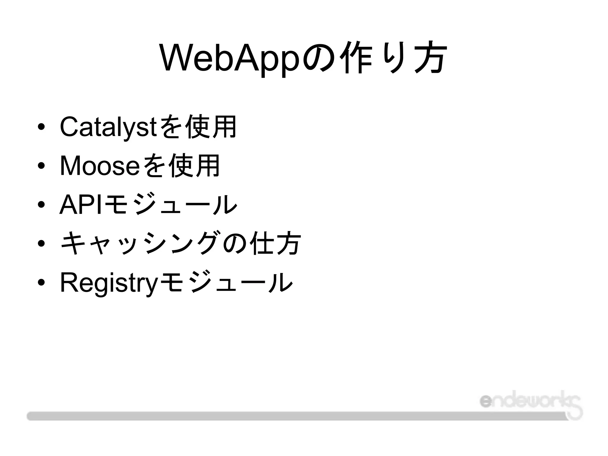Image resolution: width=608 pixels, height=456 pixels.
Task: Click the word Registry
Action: pyautogui.click(x=108, y=282)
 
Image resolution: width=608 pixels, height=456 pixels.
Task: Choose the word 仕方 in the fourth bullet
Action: pyautogui.click(x=275, y=243)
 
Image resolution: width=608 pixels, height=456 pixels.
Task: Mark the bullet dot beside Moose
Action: pyautogui.click(x=41, y=166)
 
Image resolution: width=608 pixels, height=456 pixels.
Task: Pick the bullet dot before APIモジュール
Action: pyautogui.click(x=41, y=205)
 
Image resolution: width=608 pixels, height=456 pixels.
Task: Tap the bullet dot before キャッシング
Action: pyautogui.click(x=41, y=244)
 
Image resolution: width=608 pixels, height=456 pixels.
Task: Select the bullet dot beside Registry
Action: pyautogui.click(x=41, y=282)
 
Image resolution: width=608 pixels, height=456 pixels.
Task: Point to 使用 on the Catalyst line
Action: pyautogui.click(x=210, y=127)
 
